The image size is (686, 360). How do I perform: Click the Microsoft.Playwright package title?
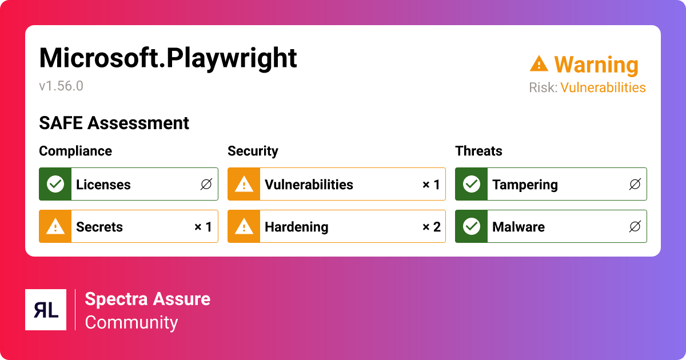click(168, 58)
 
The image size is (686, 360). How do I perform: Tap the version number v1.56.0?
click(61, 86)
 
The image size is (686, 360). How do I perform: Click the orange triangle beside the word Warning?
click(539, 64)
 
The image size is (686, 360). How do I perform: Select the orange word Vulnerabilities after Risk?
click(603, 87)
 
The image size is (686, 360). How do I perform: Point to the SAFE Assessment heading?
click(114, 123)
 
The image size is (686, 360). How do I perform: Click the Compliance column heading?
click(75, 151)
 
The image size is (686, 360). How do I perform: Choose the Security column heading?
click(253, 151)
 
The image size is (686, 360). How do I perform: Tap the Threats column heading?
click(478, 151)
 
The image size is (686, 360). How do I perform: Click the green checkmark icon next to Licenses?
click(55, 184)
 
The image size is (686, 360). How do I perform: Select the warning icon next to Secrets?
click(55, 227)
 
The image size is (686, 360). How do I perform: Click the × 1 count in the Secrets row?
click(203, 227)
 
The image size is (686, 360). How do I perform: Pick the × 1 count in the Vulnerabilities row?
click(431, 185)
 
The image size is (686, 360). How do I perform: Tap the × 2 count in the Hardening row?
click(431, 227)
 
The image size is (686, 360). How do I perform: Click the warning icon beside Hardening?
click(244, 227)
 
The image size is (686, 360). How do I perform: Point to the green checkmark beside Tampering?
click(471, 184)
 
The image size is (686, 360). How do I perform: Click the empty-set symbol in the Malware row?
click(635, 227)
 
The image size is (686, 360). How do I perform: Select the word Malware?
click(518, 227)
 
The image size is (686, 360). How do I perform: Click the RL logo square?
click(46, 310)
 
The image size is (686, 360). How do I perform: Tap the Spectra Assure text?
click(147, 299)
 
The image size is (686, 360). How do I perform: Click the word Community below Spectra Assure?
click(131, 322)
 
